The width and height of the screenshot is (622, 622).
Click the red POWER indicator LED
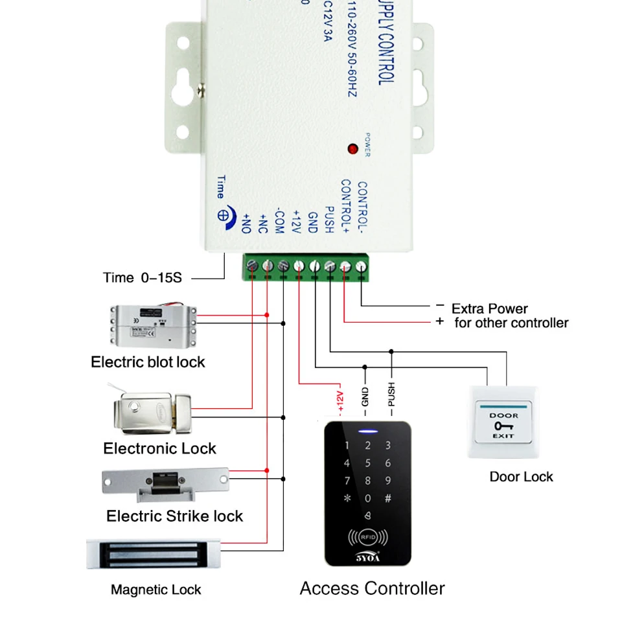352,148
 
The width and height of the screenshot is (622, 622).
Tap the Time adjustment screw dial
223,216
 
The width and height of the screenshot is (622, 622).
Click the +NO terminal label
246,222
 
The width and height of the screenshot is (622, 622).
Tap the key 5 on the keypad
368,463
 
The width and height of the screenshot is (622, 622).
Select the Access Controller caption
372,588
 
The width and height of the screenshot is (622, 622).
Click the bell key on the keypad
368,515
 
